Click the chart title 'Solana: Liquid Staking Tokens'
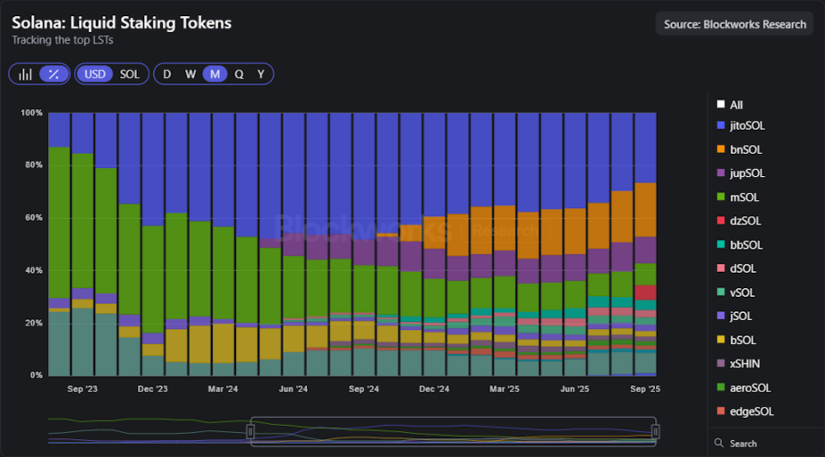(x=122, y=22)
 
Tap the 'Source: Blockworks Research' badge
(x=735, y=24)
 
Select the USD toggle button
(x=95, y=74)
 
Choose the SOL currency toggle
(x=130, y=74)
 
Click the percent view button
(x=55, y=74)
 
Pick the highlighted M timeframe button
(x=215, y=74)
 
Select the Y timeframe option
(x=261, y=74)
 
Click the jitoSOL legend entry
(x=747, y=126)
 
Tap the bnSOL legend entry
(x=745, y=149)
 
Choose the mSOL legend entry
(x=744, y=198)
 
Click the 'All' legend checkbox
(x=720, y=105)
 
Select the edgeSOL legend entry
(x=751, y=411)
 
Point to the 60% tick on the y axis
(x=32, y=217)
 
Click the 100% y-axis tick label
(x=31, y=113)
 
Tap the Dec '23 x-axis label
(x=153, y=389)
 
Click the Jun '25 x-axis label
(x=574, y=389)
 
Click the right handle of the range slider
(x=656, y=431)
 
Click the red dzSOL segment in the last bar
(x=645, y=292)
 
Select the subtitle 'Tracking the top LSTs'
(x=63, y=40)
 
